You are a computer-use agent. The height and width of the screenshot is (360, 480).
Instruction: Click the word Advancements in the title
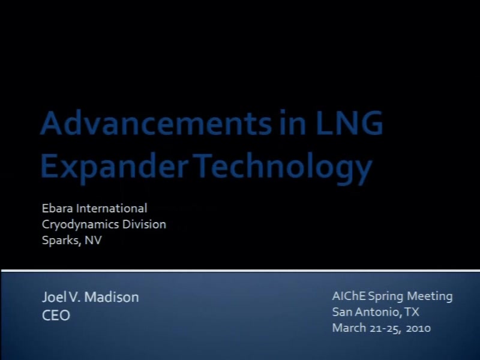[156, 123]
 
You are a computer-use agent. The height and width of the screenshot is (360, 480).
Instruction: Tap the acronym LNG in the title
[349, 123]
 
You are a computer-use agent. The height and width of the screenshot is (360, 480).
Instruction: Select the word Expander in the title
[114, 167]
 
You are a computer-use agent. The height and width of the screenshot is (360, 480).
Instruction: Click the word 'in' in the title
[293, 123]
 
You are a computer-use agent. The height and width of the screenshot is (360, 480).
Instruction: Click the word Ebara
[57, 208]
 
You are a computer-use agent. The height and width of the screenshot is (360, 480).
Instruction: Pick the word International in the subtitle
[112, 208]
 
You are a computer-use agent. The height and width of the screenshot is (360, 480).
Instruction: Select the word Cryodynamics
[80, 224]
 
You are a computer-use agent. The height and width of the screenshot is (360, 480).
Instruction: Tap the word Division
[144, 224]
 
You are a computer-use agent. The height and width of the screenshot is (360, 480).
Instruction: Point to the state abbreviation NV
[93, 241]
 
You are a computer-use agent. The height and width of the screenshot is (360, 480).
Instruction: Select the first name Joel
[54, 297]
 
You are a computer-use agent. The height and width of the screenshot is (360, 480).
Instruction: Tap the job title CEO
[56, 316]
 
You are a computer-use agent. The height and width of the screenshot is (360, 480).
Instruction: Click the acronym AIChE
[349, 296]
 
